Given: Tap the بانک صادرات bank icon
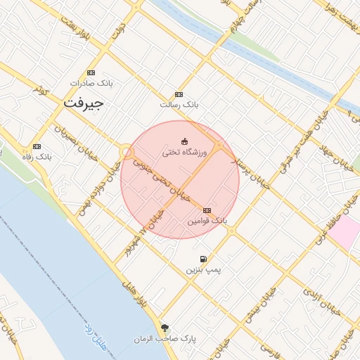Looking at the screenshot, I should pos(91,73).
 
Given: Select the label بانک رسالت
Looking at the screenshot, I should pos(179,104).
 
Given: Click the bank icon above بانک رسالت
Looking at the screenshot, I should pos(179,94).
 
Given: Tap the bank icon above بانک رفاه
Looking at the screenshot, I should pos(37,146).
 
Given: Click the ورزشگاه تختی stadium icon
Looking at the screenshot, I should pos(185,141).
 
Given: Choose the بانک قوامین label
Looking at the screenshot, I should pos(207,221).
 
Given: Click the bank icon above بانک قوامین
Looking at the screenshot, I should pos(207,210).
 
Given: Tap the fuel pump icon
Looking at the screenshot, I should pos(203,259).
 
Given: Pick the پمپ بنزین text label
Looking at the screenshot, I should pos(203,269).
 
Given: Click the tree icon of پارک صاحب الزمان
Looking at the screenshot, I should pos(165,328).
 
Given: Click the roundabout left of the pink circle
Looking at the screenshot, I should pos(127,151).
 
